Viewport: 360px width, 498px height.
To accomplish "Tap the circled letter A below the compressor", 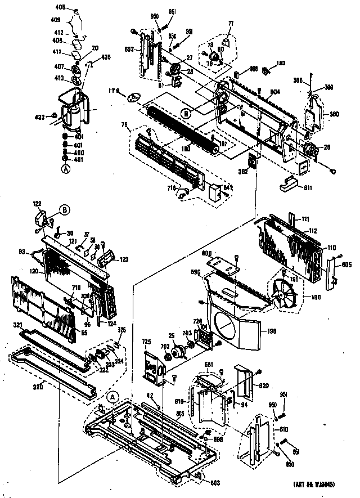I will point(66,167).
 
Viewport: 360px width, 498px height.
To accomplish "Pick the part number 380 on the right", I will point(334,114).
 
